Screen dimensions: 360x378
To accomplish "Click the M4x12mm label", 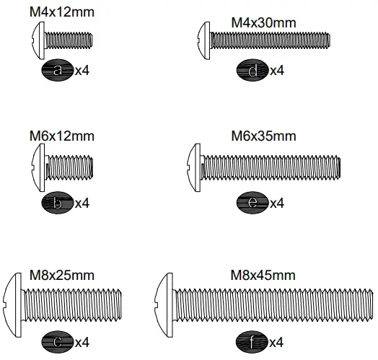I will tap(62, 12).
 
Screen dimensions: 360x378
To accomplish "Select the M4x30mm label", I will tap(263, 22).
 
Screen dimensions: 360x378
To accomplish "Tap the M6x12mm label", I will tap(62, 136).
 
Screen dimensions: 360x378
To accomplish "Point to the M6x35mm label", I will tap(263, 136).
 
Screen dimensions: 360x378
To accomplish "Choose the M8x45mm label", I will tap(263, 275).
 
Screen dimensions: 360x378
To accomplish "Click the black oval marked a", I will tap(58, 70).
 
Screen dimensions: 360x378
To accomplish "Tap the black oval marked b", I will tap(58, 203).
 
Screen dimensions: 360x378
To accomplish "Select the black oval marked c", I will tap(58, 341).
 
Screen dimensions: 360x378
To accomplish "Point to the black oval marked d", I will tap(252, 70).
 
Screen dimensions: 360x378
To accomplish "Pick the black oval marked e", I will tap(252, 203).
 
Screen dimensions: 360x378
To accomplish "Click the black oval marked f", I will tap(252, 341).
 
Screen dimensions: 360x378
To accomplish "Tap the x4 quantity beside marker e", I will tap(276, 203).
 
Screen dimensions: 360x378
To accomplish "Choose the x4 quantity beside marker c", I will tap(82, 341).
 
